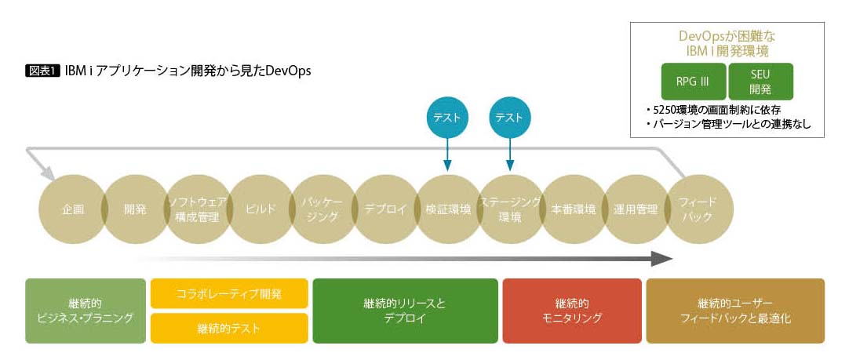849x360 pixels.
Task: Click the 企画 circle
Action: pos(72,209)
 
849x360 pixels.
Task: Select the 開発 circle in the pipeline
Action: pos(135,209)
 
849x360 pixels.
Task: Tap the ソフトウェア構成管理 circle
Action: pos(198,209)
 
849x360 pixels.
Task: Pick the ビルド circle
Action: pos(261,209)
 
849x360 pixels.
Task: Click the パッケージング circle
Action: pos(322,209)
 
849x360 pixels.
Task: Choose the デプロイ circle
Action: pos(385,209)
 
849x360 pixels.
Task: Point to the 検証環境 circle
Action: pos(448,209)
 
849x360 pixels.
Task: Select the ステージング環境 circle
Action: pos(510,209)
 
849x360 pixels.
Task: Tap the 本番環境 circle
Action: pos(573,209)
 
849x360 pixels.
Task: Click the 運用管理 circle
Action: pos(636,209)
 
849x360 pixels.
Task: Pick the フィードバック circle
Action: pos(698,209)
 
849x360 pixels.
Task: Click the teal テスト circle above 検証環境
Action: pos(447,118)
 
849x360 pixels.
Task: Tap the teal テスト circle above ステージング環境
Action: pos(510,118)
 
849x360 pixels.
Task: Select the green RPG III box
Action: pos(692,82)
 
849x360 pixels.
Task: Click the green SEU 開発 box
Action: pos(760,82)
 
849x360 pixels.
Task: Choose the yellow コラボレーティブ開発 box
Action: pos(229,293)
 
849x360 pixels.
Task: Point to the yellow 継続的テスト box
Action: pos(229,328)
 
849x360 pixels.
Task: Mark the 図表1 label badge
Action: pos(43,70)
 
